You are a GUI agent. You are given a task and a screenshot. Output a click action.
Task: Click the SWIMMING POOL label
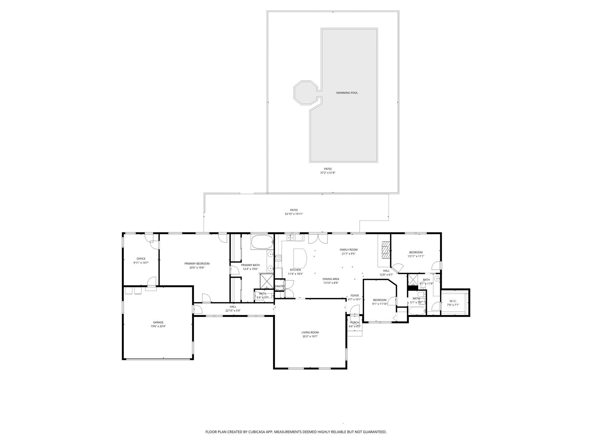tap(347, 93)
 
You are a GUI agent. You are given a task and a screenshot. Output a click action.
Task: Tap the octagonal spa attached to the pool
tap(306, 93)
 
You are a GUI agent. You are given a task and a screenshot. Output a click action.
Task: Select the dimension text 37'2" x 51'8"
tap(328, 173)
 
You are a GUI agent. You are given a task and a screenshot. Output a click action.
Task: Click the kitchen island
tap(300, 258)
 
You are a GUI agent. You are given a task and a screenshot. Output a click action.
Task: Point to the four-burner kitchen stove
tap(278, 258)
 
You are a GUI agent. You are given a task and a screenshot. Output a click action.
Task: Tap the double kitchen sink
tap(291, 238)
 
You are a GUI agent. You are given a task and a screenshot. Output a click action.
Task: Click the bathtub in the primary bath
tap(262, 242)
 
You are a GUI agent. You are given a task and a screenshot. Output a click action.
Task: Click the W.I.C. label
tap(453, 301)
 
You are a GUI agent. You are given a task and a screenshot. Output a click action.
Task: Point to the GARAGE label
tap(158, 322)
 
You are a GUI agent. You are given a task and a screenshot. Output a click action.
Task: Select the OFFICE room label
tap(141, 259)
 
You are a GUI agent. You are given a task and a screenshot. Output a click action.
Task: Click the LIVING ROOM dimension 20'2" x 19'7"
tap(310, 336)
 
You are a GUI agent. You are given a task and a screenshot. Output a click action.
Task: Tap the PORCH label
tap(354, 323)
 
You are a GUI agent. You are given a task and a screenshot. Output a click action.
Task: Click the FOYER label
tap(354, 295)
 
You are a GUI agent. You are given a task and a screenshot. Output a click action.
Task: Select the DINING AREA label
tap(331, 279)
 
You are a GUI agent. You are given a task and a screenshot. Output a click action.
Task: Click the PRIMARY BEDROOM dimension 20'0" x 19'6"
tap(197, 268)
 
